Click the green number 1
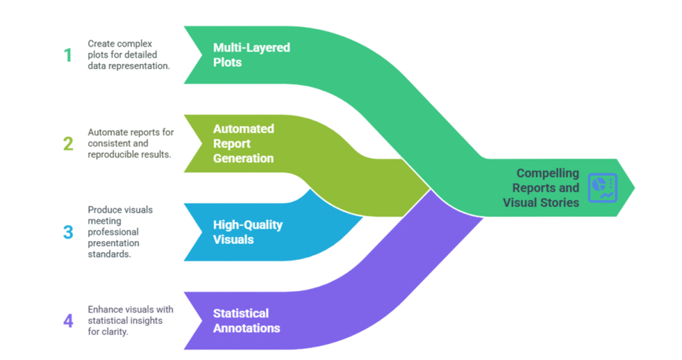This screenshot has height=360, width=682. tap(68, 55)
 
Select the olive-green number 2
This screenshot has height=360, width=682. tap(68, 143)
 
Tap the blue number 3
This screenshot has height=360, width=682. tap(68, 232)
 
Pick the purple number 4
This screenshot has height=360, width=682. tap(68, 321)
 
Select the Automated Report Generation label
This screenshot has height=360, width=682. tap(244, 143)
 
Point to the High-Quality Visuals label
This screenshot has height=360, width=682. tap(248, 232)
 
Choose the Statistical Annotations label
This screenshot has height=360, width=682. tap(246, 321)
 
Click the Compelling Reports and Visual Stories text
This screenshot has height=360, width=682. tap(541, 188)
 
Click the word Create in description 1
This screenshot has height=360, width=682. tap(102, 44)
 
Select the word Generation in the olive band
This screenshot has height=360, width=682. tap(244, 158)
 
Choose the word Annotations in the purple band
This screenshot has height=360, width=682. tap(246, 328)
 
